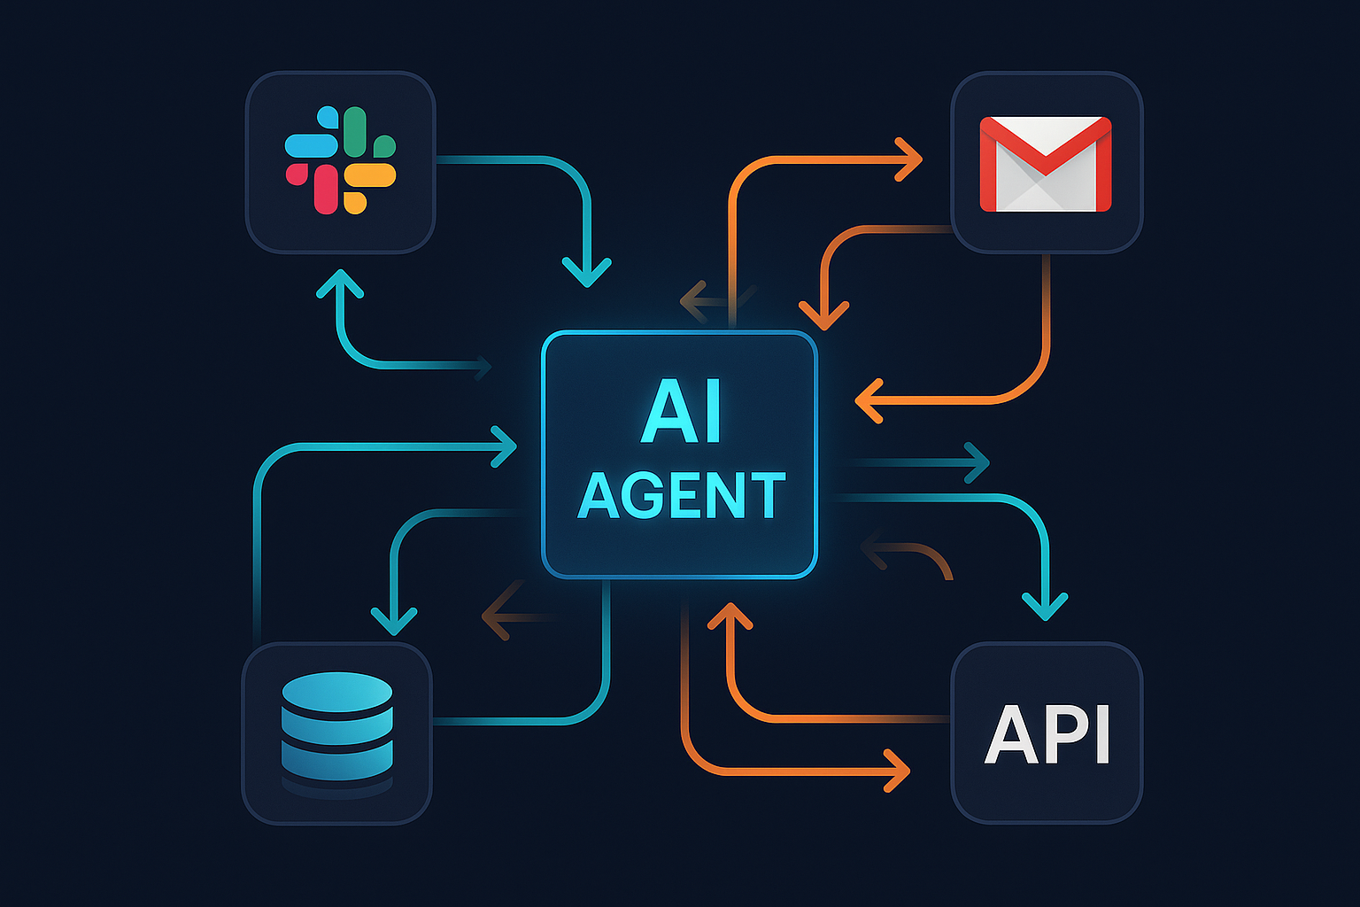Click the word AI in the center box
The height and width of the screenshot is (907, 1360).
tap(680, 411)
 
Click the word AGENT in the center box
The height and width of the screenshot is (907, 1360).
tap(681, 496)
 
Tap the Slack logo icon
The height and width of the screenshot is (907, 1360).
tap(340, 160)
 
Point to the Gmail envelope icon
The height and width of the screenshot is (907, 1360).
tap(1046, 164)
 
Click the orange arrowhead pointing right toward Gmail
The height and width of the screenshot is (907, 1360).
tap(909, 160)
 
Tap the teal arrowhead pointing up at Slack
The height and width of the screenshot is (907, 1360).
tap(340, 283)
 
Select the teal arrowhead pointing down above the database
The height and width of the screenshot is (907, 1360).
tap(394, 619)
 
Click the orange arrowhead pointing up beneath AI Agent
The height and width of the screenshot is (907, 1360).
tap(730, 616)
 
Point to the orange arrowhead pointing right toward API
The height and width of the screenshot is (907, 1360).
tap(898, 771)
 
